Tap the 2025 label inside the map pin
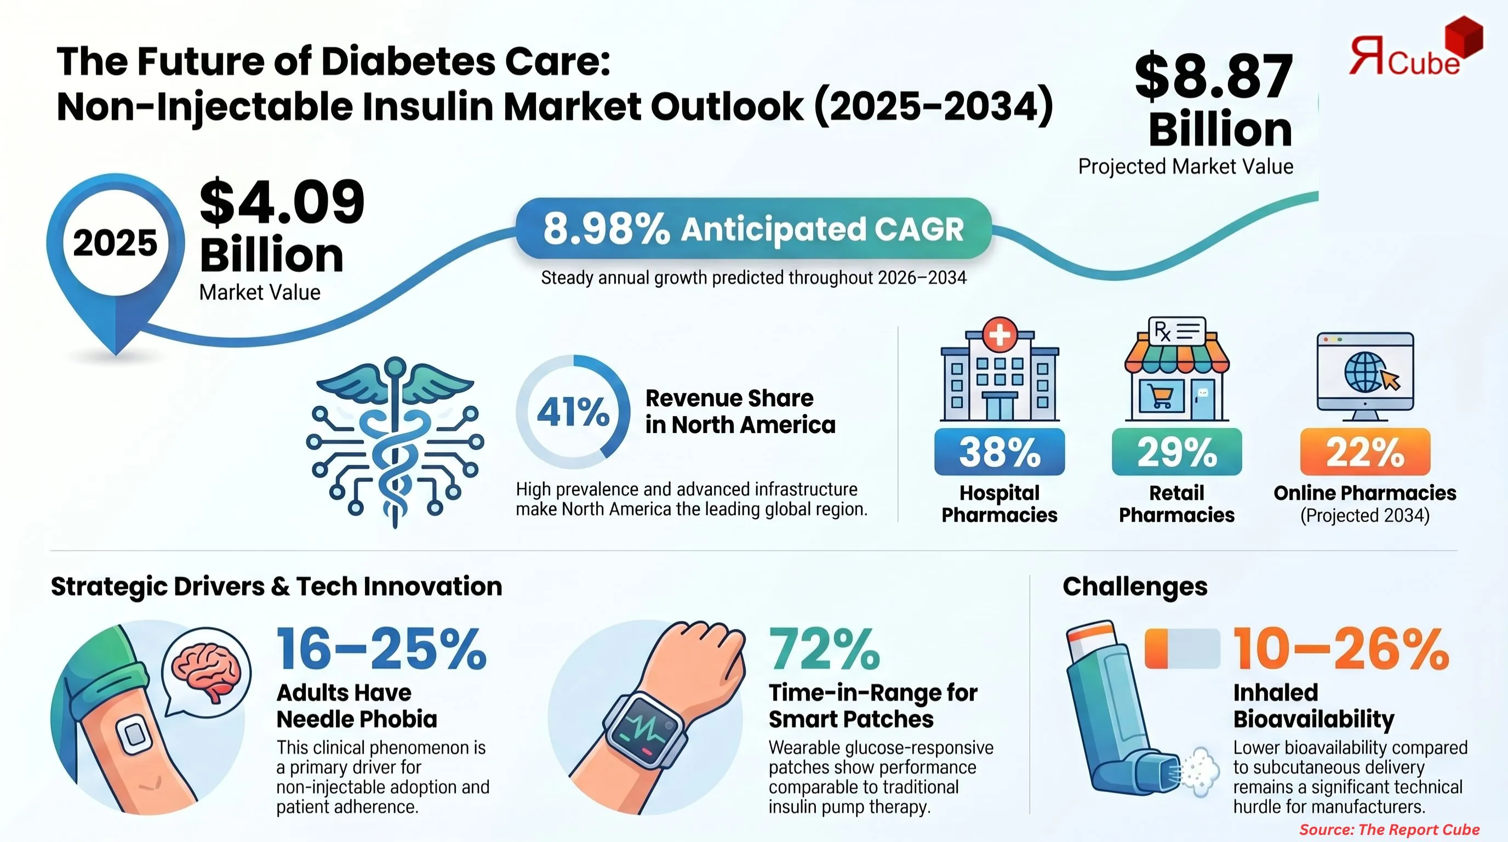pos(115,243)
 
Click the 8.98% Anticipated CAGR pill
pos(753,229)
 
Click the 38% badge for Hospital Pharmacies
pos(999,452)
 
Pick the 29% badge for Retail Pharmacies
pos(1176,452)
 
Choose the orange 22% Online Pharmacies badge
pos(1364,452)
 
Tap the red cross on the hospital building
pos(999,335)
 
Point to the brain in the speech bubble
pos(208,670)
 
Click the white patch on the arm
pos(134,734)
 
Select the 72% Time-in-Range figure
pos(824,650)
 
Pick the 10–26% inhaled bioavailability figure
pos(1340,650)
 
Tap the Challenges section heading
pos(1134,586)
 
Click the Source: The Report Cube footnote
pos(1389,829)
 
